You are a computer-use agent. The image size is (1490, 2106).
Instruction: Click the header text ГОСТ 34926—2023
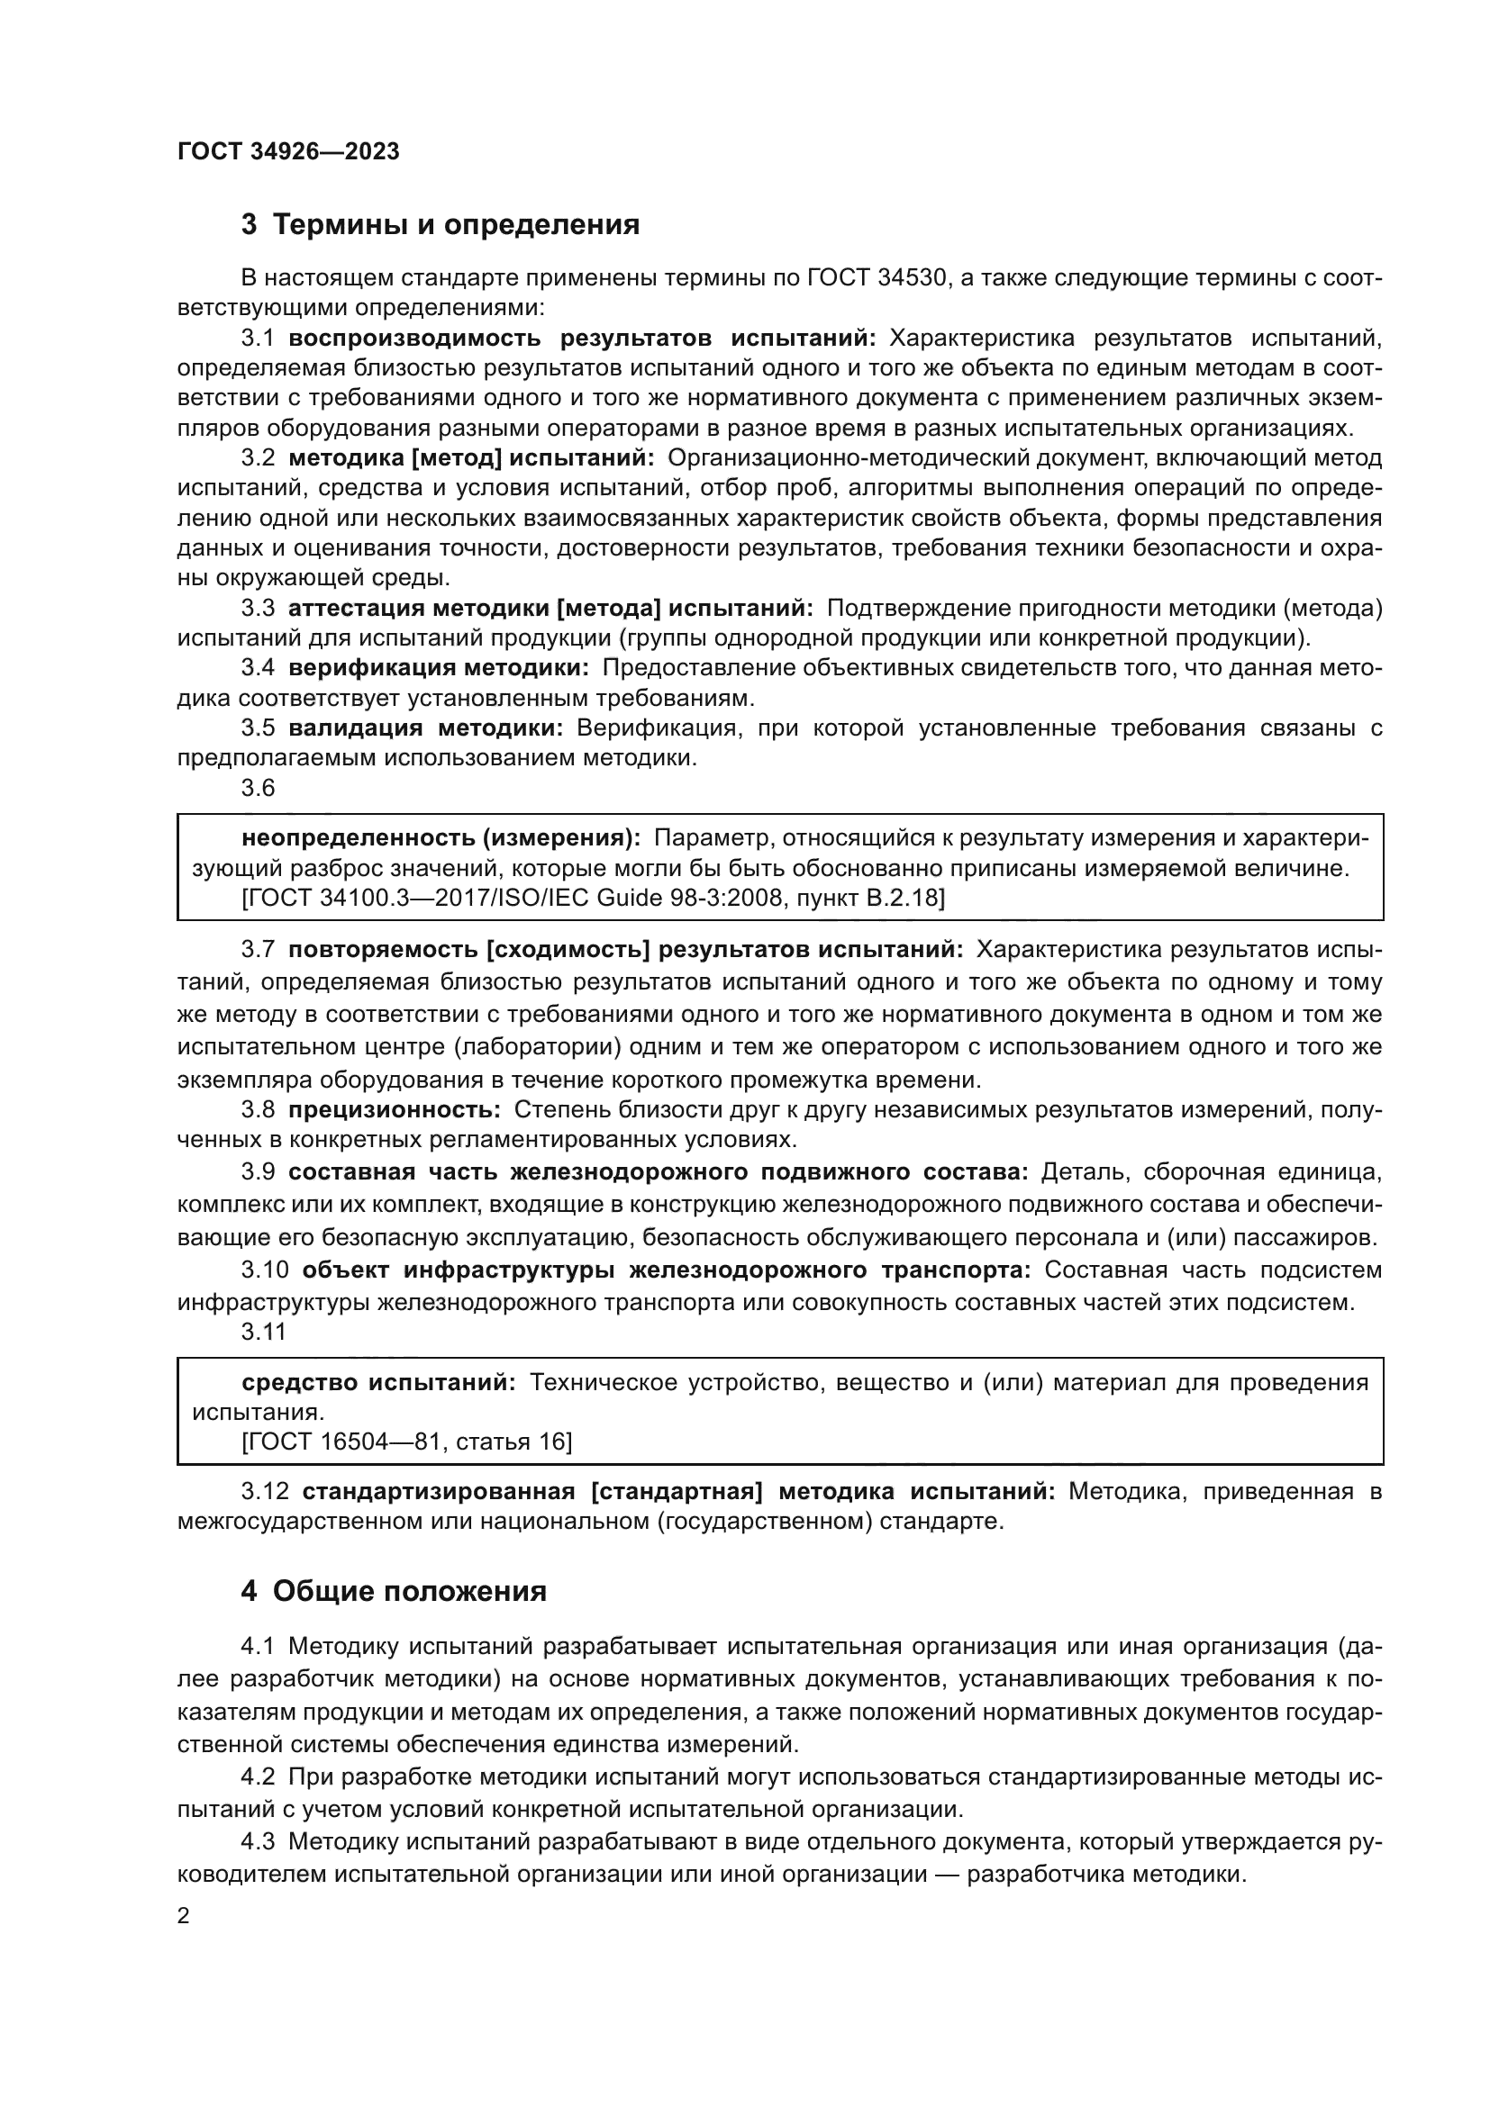288,152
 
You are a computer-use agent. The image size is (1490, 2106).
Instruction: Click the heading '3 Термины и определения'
440,225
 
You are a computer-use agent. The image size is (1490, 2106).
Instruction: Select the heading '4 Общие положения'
394,1591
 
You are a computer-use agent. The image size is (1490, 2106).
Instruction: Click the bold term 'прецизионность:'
395,1110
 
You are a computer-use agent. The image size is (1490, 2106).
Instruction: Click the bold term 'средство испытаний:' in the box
379,1382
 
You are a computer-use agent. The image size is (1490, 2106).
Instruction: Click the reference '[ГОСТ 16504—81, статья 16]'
406,1442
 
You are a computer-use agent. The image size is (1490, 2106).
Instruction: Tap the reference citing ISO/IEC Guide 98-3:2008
593,897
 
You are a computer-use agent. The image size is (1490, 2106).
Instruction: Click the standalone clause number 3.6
258,788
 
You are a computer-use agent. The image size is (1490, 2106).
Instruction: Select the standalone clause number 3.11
263,1331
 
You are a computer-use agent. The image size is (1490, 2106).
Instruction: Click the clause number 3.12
264,1491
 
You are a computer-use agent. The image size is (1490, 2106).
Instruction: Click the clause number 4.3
258,1842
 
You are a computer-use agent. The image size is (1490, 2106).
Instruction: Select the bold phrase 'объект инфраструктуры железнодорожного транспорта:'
666,1270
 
